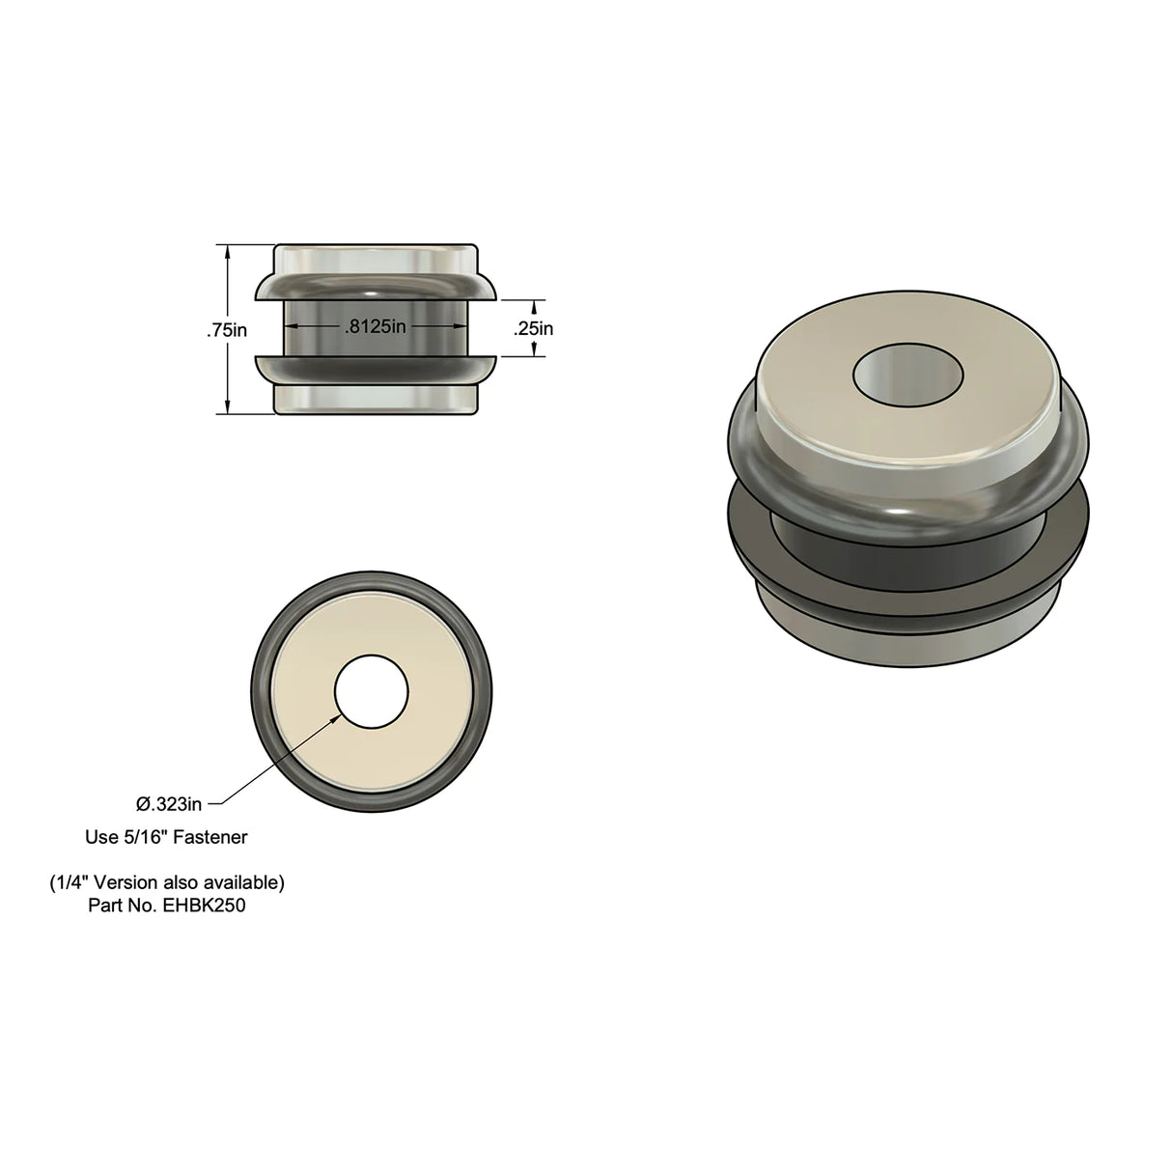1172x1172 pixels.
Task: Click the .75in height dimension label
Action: tap(228, 330)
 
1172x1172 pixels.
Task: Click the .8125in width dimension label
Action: tap(376, 327)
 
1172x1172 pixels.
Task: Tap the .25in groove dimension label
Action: tap(533, 328)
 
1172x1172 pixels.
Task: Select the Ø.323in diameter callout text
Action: tap(169, 803)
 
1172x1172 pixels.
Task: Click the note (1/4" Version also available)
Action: tap(166, 882)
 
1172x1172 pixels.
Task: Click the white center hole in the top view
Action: tap(372, 692)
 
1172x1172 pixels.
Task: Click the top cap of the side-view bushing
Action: tap(376, 259)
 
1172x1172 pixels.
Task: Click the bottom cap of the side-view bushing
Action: tap(376, 398)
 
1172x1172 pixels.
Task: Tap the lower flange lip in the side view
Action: tap(376, 368)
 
